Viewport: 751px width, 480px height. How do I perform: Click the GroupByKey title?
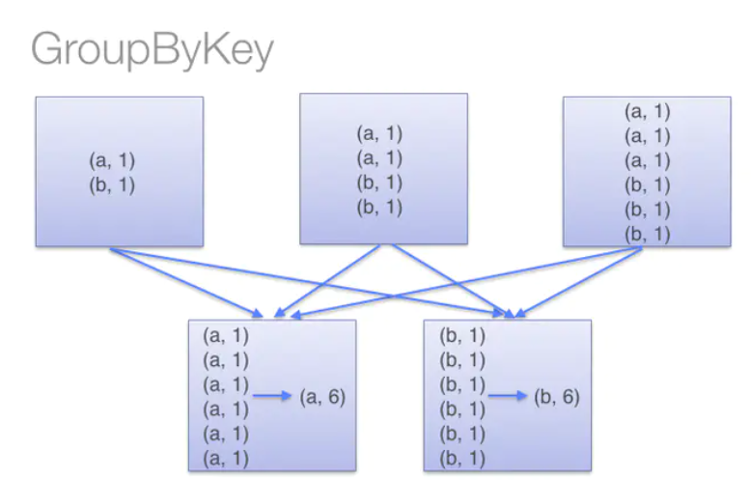152,49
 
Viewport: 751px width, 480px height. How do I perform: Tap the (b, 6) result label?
557,397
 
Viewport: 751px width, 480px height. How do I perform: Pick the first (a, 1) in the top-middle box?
380,133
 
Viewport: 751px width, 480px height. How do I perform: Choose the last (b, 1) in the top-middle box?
380,206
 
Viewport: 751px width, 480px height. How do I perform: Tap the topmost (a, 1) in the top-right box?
646,111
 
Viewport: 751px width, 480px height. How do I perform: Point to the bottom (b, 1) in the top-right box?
646,233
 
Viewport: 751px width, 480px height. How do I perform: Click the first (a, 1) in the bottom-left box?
226,336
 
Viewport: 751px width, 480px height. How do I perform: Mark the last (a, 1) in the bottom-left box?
226,458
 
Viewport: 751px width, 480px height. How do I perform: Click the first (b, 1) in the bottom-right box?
462,336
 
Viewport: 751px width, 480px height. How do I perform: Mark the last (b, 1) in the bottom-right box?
462,458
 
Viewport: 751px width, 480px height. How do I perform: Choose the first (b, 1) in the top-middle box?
380,182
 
